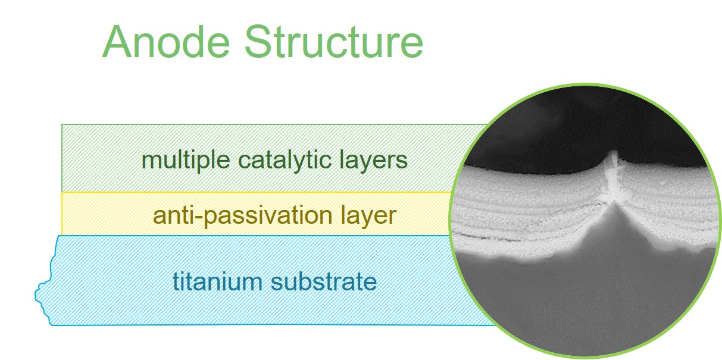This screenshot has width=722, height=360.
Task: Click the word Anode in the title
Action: (x=166, y=42)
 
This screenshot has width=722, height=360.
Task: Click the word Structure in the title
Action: (x=334, y=42)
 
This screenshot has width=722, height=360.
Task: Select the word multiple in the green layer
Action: (x=186, y=161)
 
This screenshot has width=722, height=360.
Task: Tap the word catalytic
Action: (x=285, y=160)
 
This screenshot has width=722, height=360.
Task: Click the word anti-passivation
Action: (x=243, y=216)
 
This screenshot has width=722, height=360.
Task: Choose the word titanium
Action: (x=218, y=281)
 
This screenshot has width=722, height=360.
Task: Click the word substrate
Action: (x=324, y=281)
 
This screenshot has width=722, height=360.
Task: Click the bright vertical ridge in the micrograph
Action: (x=612, y=176)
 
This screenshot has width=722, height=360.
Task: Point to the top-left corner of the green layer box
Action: (x=61, y=124)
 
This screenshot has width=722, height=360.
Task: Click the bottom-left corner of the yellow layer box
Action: (x=61, y=234)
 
